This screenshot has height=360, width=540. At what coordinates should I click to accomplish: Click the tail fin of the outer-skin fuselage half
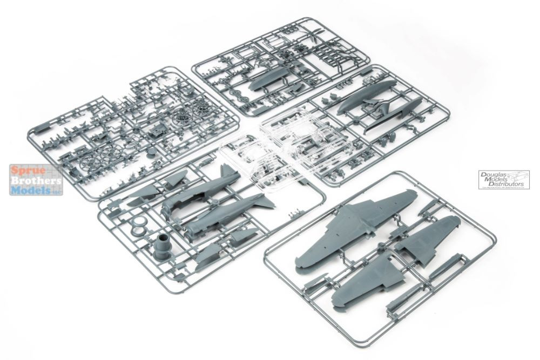(x=267, y=202)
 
